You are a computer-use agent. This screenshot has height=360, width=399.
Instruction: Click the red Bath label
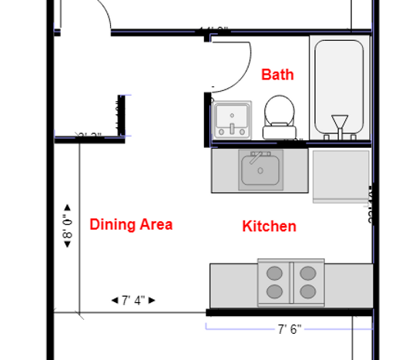point(277,75)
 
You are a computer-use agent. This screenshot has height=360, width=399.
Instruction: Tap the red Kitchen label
point(269,226)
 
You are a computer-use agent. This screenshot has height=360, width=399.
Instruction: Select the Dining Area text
point(131,224)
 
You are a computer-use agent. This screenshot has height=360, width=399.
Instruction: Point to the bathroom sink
point(231,119)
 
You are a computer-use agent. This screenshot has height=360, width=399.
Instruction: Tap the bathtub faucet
point(339,123)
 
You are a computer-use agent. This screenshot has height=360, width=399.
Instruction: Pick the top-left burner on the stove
point(273,272)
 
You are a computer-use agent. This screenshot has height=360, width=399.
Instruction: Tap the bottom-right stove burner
point(308,291)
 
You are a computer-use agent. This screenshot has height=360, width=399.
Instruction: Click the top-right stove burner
point(308,272)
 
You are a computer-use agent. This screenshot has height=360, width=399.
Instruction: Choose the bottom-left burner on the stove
point(273,291)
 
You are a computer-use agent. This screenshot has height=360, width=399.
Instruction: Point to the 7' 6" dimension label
point(289,329)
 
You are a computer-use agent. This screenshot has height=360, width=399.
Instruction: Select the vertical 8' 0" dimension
point(67,226)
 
